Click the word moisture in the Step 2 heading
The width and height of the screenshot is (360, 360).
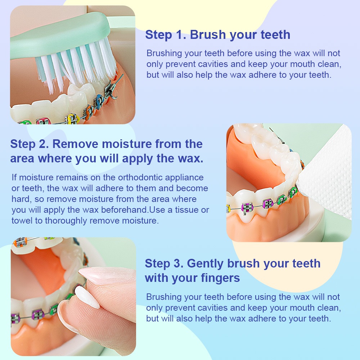[x=127, y=144]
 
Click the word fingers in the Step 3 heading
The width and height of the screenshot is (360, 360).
[x=220, y=278]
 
